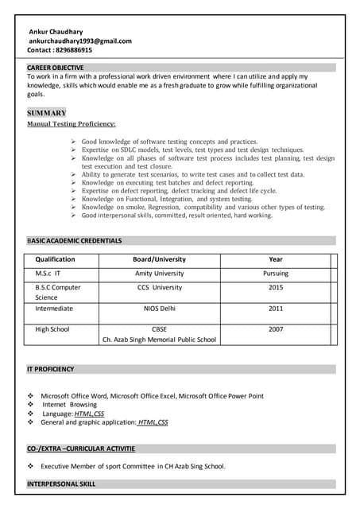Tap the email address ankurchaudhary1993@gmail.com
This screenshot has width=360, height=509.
click(80, 41)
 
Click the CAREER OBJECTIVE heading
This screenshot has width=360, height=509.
click(55, 68)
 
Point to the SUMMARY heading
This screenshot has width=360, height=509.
click(47, 113)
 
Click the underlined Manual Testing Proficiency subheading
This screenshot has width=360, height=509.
click(72, 124)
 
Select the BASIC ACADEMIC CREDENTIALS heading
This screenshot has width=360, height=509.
click(75, 239)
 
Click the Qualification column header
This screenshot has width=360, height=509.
click(55, 259)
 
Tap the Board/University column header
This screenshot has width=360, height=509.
click(159, 259)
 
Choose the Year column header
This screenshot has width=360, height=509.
click(276, 259)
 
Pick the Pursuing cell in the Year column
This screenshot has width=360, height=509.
click(276, 273)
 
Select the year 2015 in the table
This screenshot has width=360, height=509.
click(276, 287)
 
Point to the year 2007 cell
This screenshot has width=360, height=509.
click(276, 328)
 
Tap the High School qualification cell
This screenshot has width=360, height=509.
click(52, 328)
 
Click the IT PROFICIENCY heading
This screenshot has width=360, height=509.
click(51, 369)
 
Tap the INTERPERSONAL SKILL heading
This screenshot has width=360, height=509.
click(61, 484)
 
